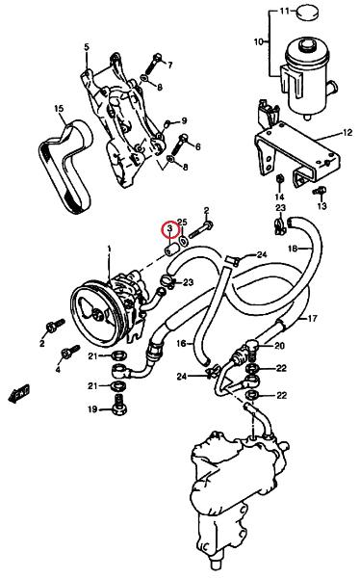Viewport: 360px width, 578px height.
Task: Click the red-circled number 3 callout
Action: (x=169, y=229)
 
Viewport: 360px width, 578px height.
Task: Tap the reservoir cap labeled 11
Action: (x=308, y=13)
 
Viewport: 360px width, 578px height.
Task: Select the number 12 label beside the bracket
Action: (x=347, y=133)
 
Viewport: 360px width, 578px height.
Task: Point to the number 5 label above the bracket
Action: (x=87, y=47)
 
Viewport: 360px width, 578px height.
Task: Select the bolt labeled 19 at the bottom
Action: (x=118, y=405)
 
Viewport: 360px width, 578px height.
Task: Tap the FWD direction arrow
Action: (x=18, y=393)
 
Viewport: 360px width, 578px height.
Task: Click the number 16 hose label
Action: (x=182, y=344)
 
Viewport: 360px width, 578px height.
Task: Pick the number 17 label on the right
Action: (x=312, y=318)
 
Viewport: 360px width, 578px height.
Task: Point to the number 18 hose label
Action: (x=293, y=250)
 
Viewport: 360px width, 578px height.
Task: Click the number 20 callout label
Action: (x=280, y=347)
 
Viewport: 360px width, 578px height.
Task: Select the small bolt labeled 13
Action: (x=320, y=192)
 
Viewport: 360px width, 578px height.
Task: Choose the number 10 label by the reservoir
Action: (x=259, y=41)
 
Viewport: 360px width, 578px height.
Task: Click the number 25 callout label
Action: (x=182, y=222)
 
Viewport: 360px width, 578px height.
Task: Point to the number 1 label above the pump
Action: (x=109, y=250)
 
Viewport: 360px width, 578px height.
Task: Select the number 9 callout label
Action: (x=184, y=120)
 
